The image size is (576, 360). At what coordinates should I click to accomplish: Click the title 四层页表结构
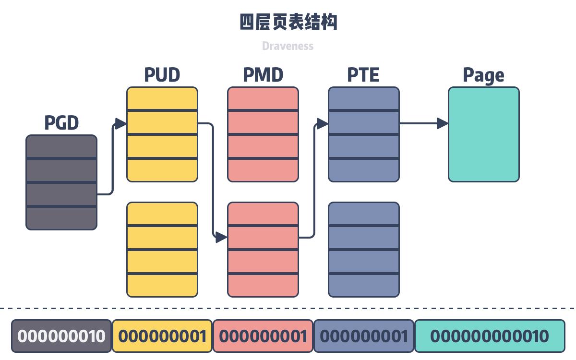[288, 22]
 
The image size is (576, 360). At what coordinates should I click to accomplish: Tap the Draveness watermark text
[288, 46]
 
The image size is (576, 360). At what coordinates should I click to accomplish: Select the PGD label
[61, 123]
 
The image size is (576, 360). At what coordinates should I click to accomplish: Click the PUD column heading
[162, 75]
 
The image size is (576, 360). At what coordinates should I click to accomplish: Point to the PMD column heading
[263, 75]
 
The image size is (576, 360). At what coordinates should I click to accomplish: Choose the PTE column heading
[363, 75]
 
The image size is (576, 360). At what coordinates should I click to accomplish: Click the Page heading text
[483, 75]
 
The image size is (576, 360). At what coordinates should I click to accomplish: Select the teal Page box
[484, 134]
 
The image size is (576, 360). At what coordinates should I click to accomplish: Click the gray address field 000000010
[61, 336]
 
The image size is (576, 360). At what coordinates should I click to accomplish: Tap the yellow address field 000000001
[162, 336]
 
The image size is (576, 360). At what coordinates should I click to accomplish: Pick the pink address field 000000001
[263, 336]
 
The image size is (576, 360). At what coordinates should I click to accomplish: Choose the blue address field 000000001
[363, 336]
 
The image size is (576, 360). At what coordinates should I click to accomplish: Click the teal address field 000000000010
[489, 336]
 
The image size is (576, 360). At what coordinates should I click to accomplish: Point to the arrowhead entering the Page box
[443, 123]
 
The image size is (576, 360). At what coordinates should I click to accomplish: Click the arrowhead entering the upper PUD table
[121, 124]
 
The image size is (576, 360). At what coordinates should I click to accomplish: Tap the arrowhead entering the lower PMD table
[222, 237]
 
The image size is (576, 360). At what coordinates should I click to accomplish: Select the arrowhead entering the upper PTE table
[323, 124]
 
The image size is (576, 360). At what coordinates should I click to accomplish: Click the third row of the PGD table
[61, 194]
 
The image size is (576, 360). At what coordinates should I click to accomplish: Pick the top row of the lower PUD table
[162, 213]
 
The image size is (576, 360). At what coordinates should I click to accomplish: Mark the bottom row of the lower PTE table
[364, 285]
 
